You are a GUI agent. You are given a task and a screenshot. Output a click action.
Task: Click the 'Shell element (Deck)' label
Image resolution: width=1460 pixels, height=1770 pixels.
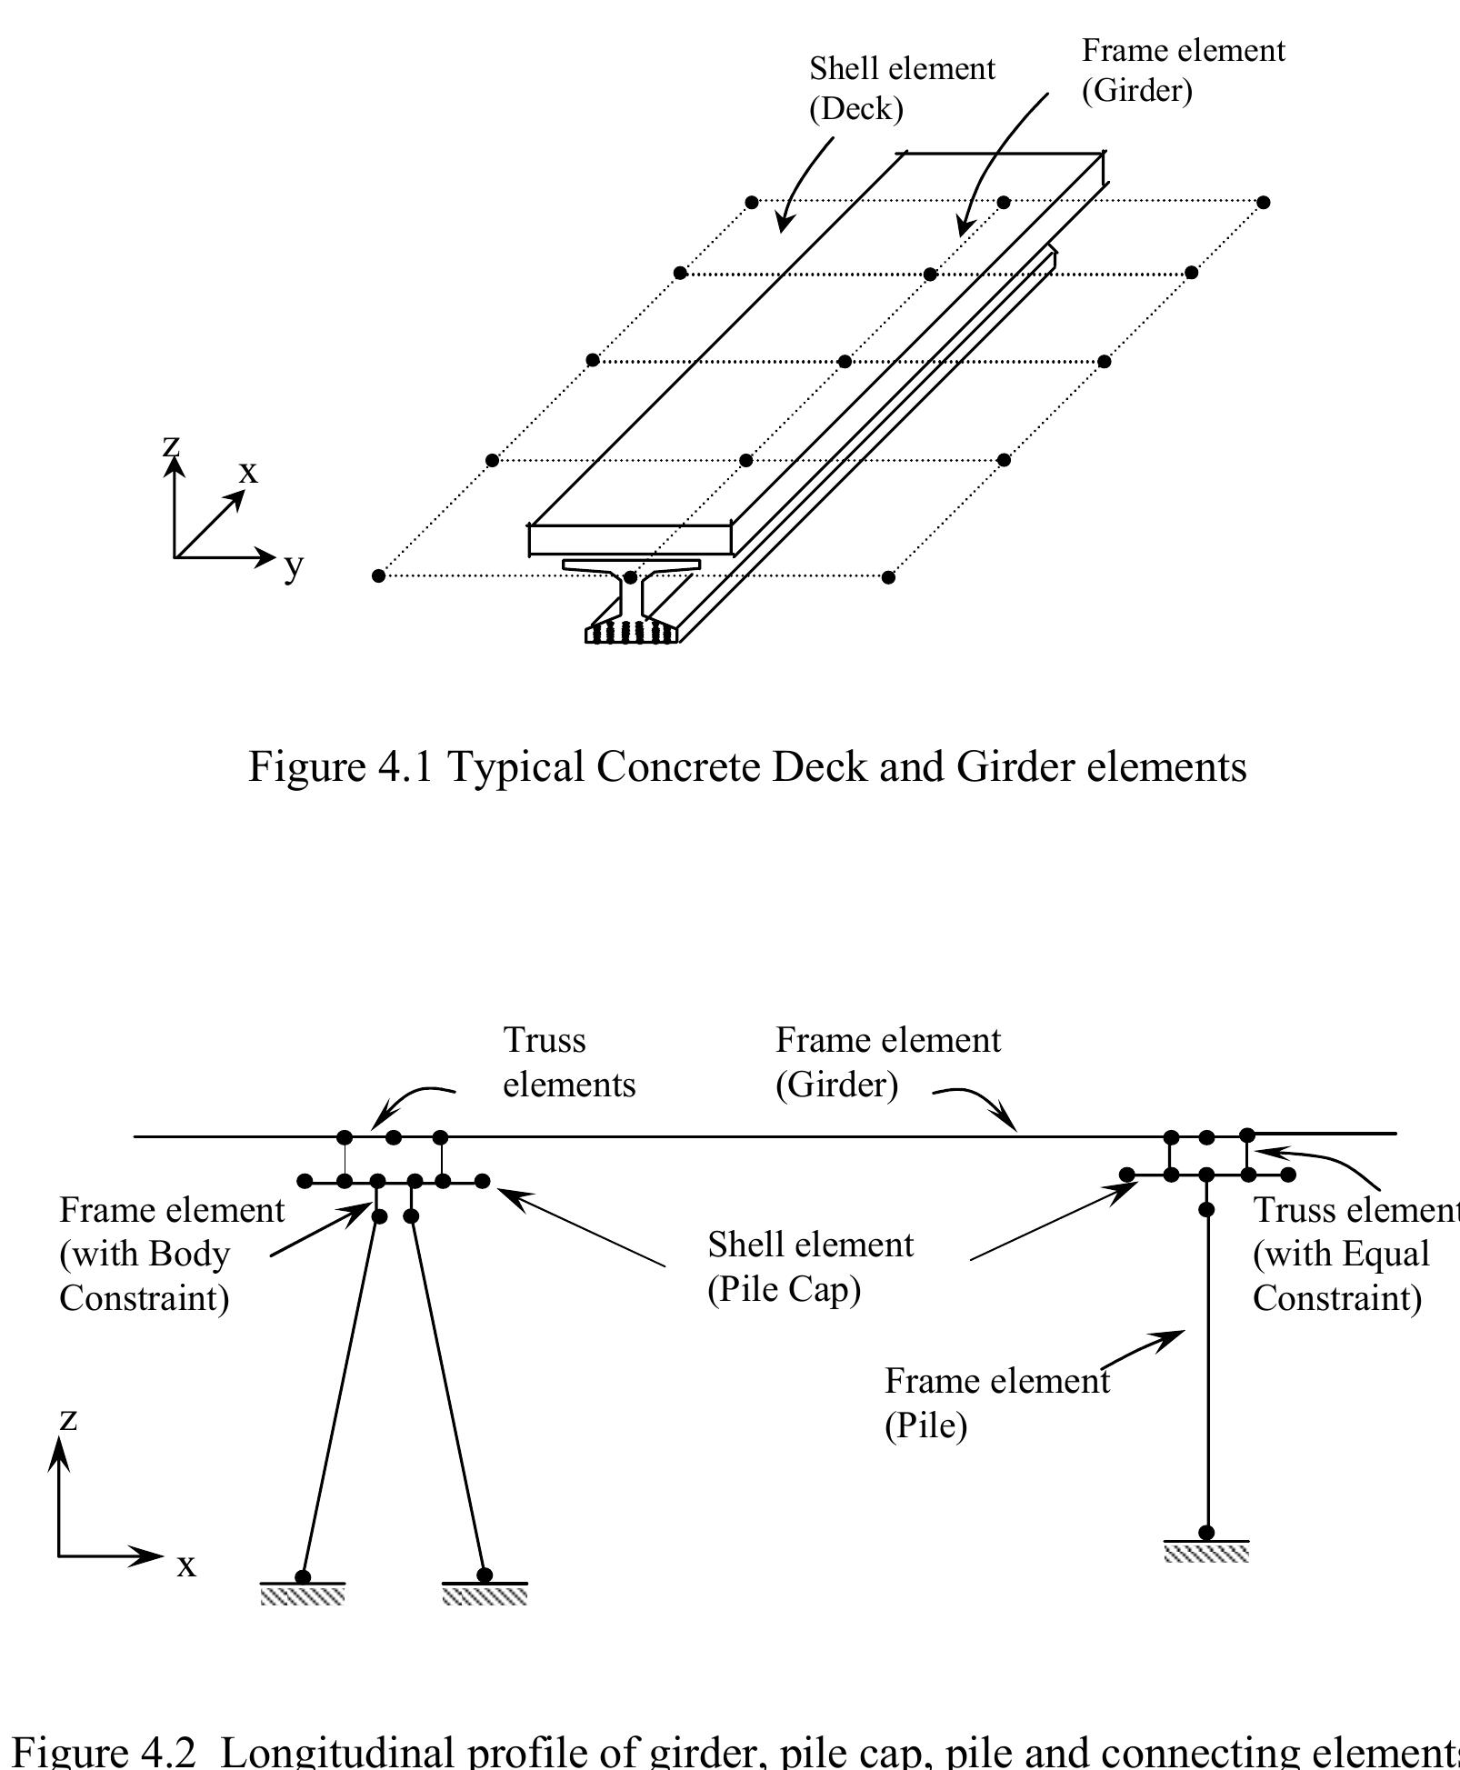pos(901,88)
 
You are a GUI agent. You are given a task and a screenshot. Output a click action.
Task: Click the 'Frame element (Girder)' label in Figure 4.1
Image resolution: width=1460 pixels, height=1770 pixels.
pos(1182,70)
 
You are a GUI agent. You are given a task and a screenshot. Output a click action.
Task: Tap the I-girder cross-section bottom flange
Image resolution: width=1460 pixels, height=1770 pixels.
pos(632,633)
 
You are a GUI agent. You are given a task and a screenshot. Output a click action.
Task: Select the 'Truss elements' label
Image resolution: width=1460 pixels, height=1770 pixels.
pos(568,1062)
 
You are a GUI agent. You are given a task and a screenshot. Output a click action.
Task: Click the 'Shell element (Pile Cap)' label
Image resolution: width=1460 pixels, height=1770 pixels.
pos(810,1266)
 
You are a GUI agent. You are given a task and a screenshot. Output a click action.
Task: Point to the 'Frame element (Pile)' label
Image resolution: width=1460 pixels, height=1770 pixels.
pos(995,1403)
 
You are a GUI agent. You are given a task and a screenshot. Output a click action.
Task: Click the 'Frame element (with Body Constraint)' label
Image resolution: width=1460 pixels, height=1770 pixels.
pos(171,1254)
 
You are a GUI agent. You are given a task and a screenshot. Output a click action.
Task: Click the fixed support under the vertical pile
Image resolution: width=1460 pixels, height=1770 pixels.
pos(1206,1552)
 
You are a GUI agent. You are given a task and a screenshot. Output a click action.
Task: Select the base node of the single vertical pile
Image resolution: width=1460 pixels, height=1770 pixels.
pos(1206,1533)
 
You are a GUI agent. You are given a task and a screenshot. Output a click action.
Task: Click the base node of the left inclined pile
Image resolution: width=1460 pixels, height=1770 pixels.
pos(303,1576)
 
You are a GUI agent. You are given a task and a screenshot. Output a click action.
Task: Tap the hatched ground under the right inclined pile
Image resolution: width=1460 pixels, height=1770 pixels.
pos(485,1595)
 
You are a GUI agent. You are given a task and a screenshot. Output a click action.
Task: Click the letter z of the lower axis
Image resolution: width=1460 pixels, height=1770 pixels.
pos(68,1417)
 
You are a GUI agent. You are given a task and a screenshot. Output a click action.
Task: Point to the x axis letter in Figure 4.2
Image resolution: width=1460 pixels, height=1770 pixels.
pos(186,1565)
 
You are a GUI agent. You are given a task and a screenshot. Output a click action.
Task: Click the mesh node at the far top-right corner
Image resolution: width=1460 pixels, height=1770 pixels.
pos(1263,202)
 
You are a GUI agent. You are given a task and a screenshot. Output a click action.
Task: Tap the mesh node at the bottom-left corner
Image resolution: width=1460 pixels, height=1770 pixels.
pos(379,575)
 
